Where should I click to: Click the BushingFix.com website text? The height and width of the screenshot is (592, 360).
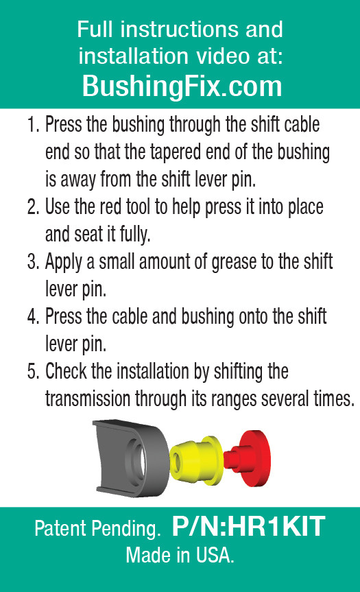(182, 86)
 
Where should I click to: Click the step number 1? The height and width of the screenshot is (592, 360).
(32, 126)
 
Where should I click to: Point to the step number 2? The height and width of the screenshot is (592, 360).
(32, 206)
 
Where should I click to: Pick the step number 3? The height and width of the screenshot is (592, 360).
(32, 261)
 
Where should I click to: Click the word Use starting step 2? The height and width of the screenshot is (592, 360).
(59, 206)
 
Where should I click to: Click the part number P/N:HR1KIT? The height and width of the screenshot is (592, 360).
(248, 528)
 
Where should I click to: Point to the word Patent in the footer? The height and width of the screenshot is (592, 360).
(59, 529)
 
